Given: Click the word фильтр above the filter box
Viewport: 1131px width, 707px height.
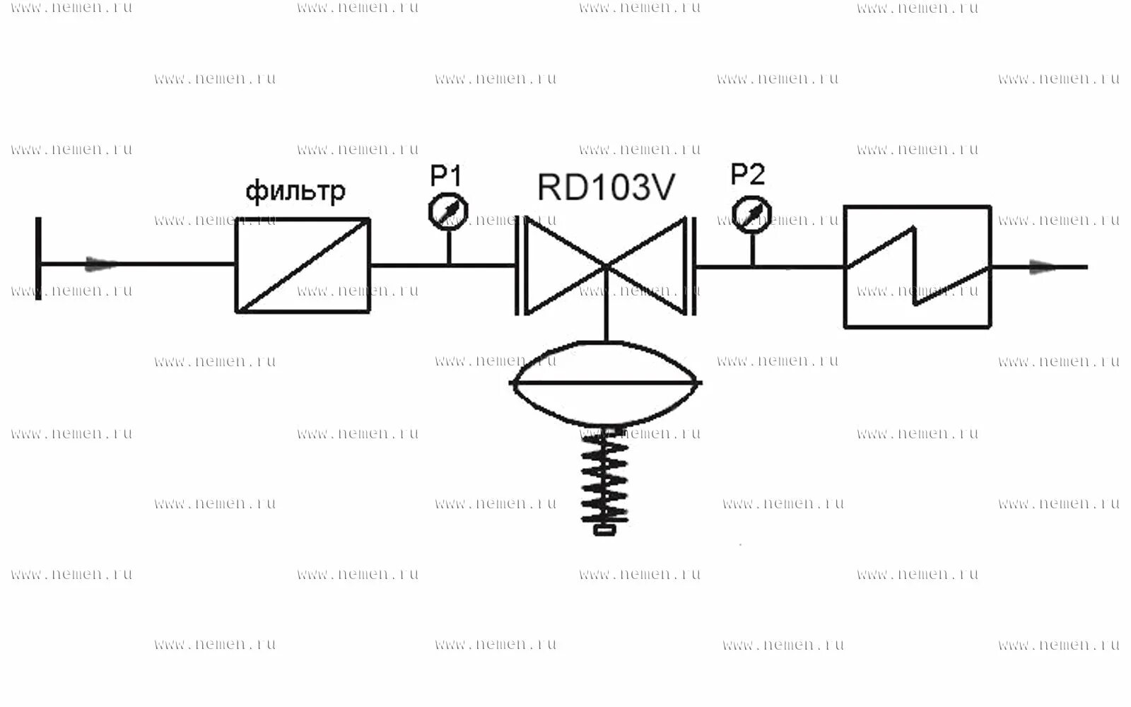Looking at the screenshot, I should [295, 191].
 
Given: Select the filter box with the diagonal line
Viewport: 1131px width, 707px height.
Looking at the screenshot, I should [303, 266].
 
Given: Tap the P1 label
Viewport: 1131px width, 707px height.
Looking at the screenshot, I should [446, 175].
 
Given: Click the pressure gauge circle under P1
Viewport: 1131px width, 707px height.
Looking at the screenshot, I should [448, 211].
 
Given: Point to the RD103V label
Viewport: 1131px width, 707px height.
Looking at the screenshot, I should [606, 187].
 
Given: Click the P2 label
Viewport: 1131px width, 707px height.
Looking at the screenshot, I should [748, 173].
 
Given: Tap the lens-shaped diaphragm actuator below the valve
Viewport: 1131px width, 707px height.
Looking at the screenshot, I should [605, 382].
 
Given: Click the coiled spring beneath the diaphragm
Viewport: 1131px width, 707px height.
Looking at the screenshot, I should [605, 477].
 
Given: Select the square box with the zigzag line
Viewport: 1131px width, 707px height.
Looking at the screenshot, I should [918, 267].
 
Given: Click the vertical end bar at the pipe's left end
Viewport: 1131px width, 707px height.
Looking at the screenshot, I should [38, 259].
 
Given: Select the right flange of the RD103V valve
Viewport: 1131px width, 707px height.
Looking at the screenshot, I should [693, 266].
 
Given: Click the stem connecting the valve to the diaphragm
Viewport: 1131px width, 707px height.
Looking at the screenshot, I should [606, 311].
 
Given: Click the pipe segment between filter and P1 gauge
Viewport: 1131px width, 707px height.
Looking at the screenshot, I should [409, 266].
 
